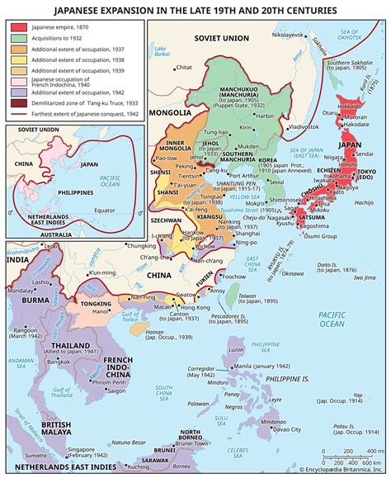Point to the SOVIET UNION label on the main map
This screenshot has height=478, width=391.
click(222, 39)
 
